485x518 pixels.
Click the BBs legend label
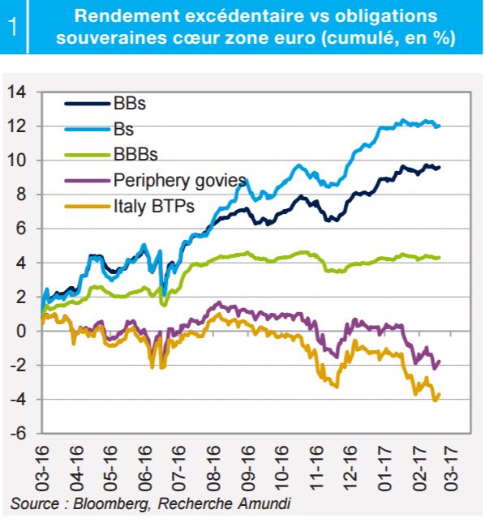click(x=130, y=104)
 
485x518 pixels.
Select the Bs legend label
click(x=123, y=129)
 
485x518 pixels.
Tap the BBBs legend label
click(x=135, y=154)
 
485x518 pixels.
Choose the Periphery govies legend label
click(x=180, y=181)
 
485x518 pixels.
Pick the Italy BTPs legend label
click(x=154, y=206)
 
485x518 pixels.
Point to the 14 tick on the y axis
click(x=17, y=92)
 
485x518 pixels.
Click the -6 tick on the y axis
click(x=18, y=433)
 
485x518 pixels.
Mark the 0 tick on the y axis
click(x=21, y=331)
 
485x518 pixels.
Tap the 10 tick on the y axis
click(x=17, y=161)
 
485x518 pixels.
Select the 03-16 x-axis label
click(x=42, y=468)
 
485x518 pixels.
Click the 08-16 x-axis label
click(x=213, y=468)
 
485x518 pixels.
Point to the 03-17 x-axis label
click(x=451, y=468)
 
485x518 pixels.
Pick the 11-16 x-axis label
click(x=316, y=468)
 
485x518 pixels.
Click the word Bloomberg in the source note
click(x=112, y=503)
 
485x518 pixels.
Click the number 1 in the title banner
click(x=13, y=27)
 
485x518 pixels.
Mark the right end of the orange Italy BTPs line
click(x=440, y=394)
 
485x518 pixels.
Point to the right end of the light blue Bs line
click(x=440, y=126)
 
